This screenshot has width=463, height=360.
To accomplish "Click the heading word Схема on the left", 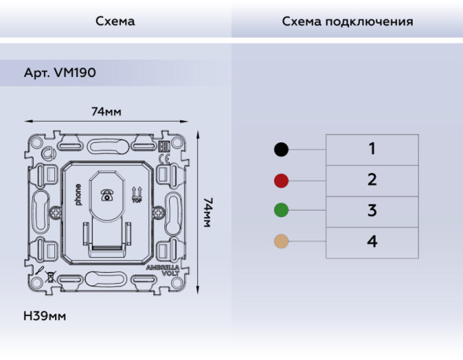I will (115, 21).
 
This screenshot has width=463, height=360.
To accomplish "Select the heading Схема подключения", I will (347, 21).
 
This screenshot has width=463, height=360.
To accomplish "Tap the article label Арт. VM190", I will (60, 72).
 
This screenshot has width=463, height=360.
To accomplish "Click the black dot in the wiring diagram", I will (281, 149).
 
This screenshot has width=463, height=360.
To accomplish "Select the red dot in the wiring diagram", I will (281, 180).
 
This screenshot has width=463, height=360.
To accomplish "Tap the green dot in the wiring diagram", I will (281, 211).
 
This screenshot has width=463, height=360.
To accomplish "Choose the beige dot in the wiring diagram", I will (281, 241).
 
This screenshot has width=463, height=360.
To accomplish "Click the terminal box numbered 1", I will (372, 149).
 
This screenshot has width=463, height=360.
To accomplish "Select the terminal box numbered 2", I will (372, 180).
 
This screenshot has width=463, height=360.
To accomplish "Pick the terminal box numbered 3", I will (372, 211).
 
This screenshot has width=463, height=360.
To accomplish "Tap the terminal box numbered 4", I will (372, 241).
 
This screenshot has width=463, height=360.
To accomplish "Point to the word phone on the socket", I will (78, 194).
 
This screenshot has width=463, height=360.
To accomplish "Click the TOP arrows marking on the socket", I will (137, 193).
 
